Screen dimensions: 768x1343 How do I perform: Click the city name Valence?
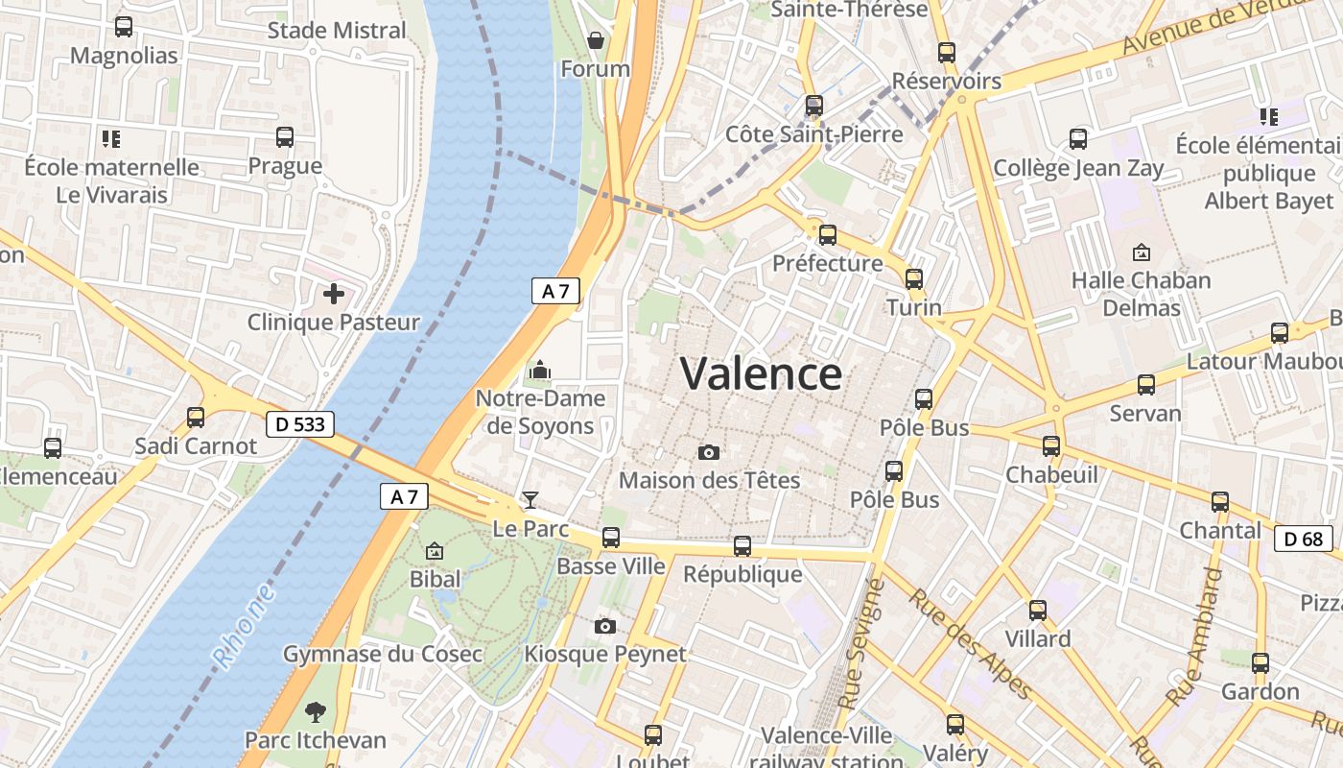pyautogui.click(x=762, y=373)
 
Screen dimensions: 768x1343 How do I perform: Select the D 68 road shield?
pyautogui.click(x=1304, y=539)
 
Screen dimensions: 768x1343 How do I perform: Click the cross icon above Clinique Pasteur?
pyautogui.click(x=333, y=293)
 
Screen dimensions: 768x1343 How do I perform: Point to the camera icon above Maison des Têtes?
pyautogui.click(x=709, y=452)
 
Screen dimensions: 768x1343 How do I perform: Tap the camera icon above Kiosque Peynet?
pyautogui.click(x=604, y=627)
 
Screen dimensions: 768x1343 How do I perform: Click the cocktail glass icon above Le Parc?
pyautogui.click(x=530, y=499)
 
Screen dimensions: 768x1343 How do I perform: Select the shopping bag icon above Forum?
pyautogui.click(x=595, y=40)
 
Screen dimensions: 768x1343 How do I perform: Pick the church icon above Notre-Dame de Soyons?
pyautogui.click(x=540, y=370)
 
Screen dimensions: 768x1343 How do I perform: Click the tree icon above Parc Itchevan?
pyautogui.click(x=315, y=712)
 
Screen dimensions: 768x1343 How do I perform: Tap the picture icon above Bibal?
pyautogui.click(x=435, y=551)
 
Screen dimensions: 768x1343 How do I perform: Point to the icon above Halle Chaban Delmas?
pyautogui.click(x=1141, y=252)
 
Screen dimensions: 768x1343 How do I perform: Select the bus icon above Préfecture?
pyautogui.click(x=827, y=234)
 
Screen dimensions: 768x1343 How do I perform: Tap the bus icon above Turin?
pyautogui.click(x=914, y=279)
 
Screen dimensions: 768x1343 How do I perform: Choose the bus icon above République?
pyautogui.click(x=742, y=546)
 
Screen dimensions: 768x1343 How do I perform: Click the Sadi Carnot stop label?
pyautogui.click(x=196, y=446)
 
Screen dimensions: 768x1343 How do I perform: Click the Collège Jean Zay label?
pyautogui.click(x=1078, y=169)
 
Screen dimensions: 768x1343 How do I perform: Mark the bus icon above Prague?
pyautogui.click(x=285, y=137)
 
